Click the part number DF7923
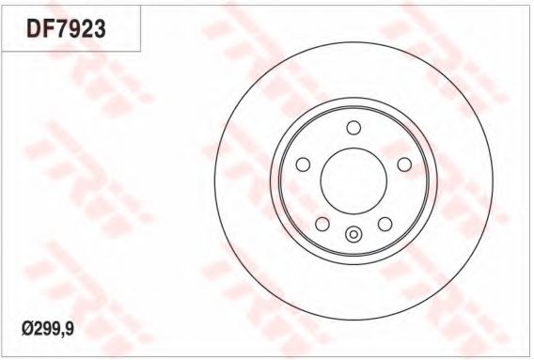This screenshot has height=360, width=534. (x=66, y=28)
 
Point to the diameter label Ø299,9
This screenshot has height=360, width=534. (x=48, y=329)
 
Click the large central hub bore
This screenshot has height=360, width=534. (x=353, y=180)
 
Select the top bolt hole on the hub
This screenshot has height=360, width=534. (x=353, y=128)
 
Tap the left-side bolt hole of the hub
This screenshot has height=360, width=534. (x=303, y=164)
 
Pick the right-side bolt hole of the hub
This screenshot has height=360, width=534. (x=404, y=164)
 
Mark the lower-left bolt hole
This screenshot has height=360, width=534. (x=322, y=224)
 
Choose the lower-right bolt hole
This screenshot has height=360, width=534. (x=385, y=224)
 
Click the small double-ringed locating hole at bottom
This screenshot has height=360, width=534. (x=353, y=234)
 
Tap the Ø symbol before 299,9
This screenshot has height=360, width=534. (x=26, y=329)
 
